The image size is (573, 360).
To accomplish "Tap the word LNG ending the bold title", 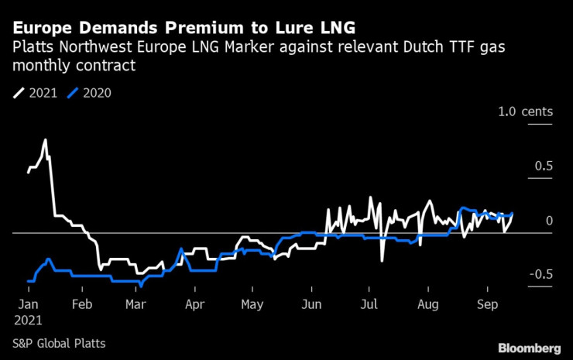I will [324, 28].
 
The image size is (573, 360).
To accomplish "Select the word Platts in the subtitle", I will [34, 48].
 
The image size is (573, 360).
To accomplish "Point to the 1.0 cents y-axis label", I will [526, 112].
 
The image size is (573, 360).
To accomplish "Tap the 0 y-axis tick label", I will [548, 221].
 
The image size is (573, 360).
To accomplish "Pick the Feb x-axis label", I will [82, 304].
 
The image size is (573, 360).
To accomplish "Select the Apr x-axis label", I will [196, 304].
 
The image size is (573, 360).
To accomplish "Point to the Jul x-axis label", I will [370, 304].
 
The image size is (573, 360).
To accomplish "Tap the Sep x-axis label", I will [488, 304].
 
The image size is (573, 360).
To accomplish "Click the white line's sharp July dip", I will [382, 260].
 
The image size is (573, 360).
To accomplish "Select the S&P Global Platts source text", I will [59, 343].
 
